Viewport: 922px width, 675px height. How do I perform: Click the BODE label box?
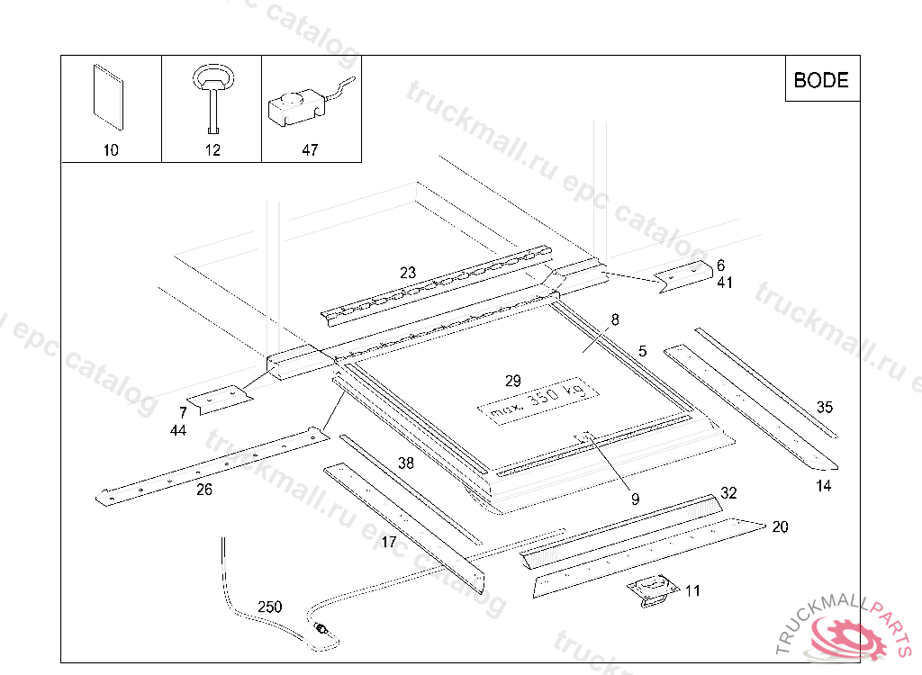[x=821, y=80]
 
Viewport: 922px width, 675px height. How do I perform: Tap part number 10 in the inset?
[x=111, y=150]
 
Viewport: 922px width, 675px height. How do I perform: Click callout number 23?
[x=408, y=272]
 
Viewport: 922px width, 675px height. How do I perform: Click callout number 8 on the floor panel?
[x=615, y=319]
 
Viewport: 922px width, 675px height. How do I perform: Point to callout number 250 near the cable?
[x=269, y=607]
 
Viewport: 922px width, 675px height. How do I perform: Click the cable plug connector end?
[x=321, y=629]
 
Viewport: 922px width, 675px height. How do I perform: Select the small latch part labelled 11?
[x=653, y=589]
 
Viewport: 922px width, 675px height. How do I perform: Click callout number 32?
[x=728, y=493]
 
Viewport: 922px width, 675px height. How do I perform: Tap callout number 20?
[x=780, y=526]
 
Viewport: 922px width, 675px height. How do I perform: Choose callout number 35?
[x=825, y=407]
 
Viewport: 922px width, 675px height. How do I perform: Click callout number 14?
[x=824, y=487]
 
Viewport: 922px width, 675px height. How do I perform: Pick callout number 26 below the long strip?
[x=204, y=490]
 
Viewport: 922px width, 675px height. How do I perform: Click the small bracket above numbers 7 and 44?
[x=218, y=399]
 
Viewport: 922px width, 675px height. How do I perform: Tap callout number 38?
[x=406, y=463]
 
